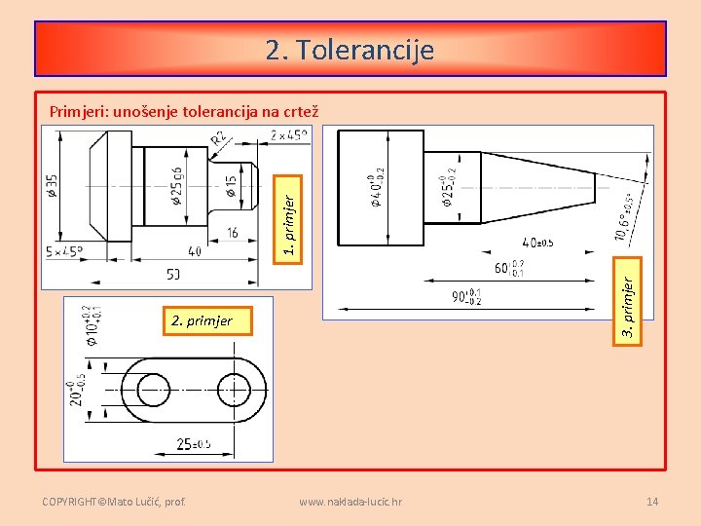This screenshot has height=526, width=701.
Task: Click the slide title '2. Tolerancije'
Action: pos(350,49)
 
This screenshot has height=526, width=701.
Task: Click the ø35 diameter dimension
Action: pos(52,186)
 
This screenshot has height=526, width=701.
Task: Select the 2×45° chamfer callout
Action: pos(288,134)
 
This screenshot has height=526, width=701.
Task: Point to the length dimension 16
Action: pos(233,233)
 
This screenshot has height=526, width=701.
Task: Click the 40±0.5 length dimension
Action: pos(537,243)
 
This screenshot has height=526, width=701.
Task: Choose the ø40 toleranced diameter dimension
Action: pos(376,191)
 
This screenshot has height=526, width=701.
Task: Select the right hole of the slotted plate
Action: pos(235,391)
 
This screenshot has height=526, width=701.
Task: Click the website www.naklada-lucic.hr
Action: pos(350,502)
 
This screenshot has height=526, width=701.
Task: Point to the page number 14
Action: pos(652,502)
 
